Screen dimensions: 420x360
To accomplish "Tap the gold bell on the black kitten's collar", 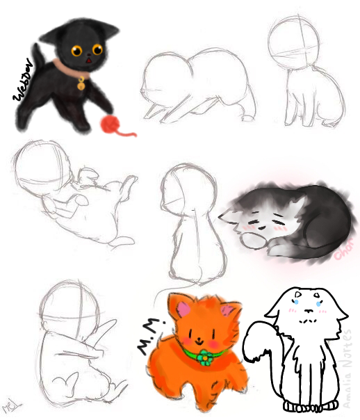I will (x=82, y=86).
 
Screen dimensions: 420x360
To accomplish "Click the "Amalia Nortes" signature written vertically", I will (x=352, y=366).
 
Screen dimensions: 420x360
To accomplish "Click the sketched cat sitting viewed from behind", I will (x=188, y=223).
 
